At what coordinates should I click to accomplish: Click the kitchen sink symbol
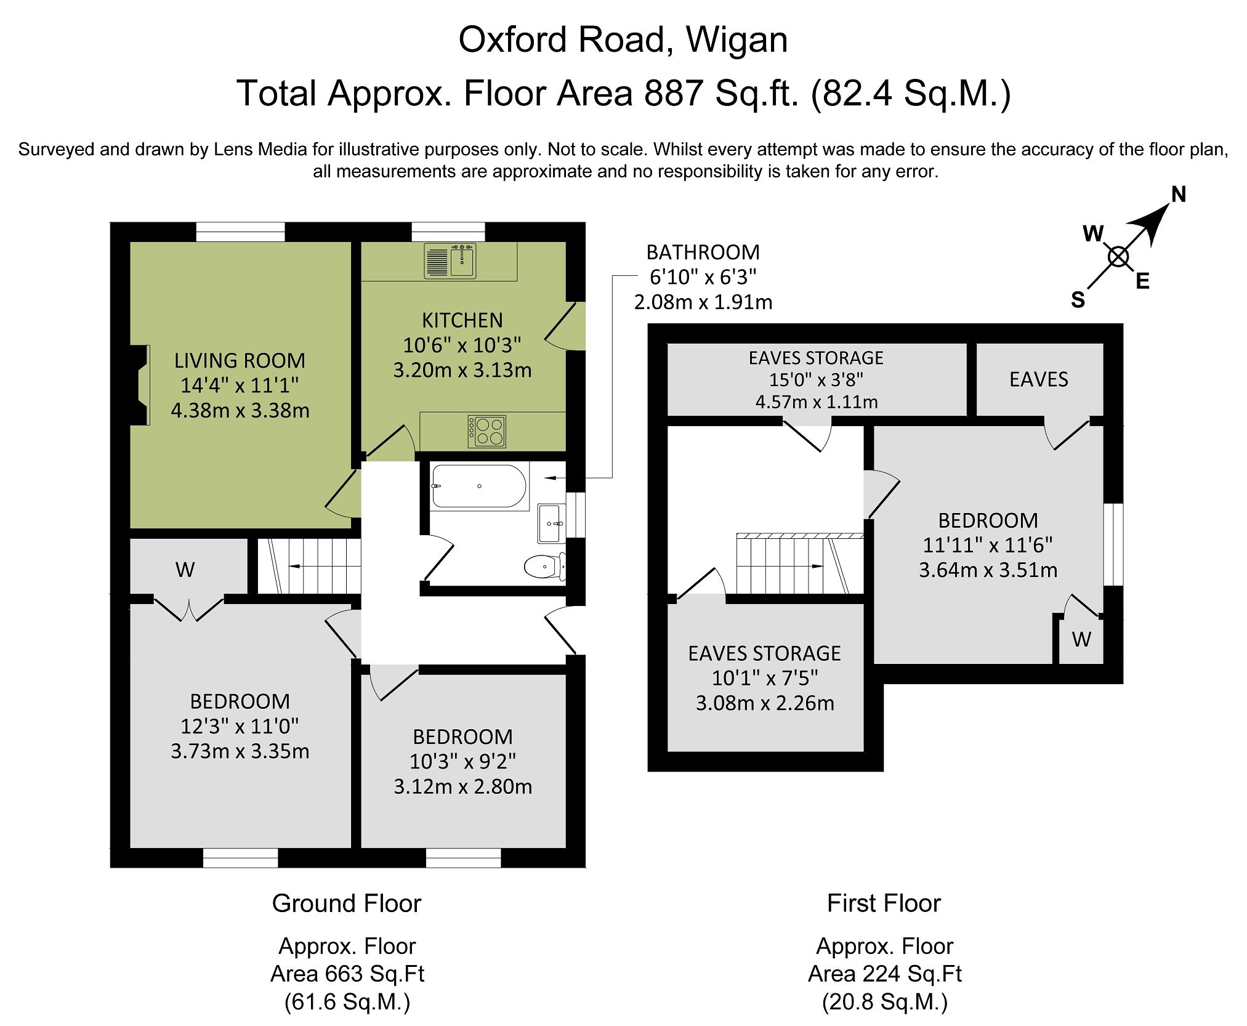tap(450, 261)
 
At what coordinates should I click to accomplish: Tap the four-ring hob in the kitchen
tap(487, 430)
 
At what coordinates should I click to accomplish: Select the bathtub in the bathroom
tap(478, 487)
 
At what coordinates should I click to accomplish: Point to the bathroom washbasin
tap(551, 523)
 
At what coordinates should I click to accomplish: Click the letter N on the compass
tap(1178, 195)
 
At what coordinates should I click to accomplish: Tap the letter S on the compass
tap(1078, 300)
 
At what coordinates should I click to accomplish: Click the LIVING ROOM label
tap(240, 360)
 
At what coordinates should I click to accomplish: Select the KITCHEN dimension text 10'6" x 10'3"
tap(462, 345)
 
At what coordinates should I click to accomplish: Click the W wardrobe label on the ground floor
tap(185, 570)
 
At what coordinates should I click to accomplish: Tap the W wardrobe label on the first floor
tap(1081, 640)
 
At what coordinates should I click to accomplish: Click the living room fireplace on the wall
tap(140, 385)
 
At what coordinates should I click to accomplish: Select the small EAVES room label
tap(1038, 379)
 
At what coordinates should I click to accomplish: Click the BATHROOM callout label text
tap(703, 252)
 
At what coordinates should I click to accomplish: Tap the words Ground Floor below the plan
tap(347, 903)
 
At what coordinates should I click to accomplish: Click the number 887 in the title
tap(673, 94)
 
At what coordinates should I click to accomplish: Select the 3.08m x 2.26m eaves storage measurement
tap(765, 703)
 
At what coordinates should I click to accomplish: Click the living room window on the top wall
tap(240, 232)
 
